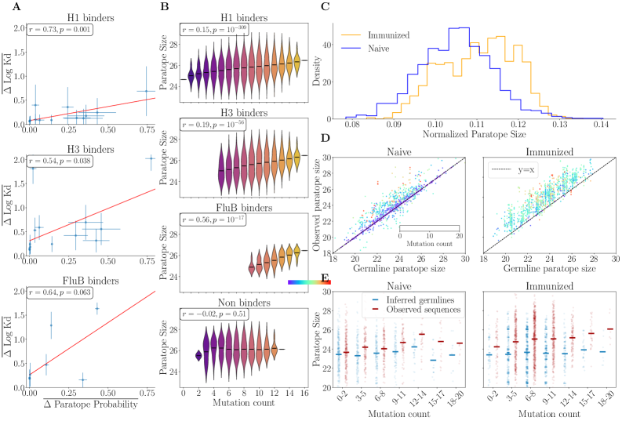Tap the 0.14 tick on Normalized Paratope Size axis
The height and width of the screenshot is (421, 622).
point(602,125)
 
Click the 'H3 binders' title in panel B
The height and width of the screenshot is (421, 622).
point(254,111)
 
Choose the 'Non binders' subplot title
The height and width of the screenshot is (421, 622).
point(254,309)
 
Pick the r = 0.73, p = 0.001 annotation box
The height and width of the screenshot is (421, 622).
point(63,29)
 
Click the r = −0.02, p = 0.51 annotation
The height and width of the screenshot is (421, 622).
point(218,321)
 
